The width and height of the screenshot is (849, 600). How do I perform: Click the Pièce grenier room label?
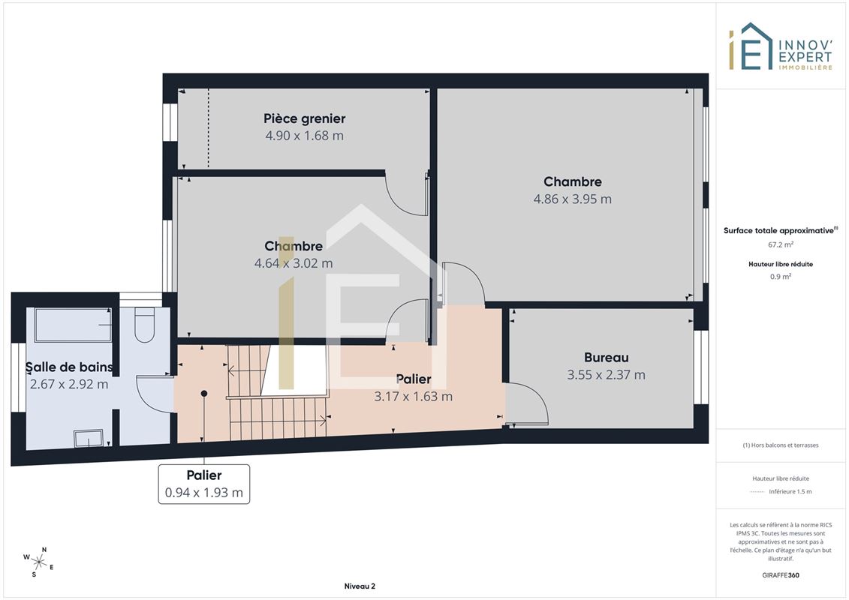pos(304,118)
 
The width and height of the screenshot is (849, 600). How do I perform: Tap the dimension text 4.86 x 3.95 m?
pos(572,199)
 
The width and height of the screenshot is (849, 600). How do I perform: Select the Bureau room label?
pos(606,358)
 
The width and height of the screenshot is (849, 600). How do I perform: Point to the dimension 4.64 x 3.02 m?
pos(294,263)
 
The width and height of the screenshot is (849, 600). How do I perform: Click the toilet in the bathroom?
pos(145,325)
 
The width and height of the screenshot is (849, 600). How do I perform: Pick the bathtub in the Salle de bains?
pos(73,325)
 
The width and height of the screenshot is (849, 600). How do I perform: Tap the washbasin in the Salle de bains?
pos(89,438)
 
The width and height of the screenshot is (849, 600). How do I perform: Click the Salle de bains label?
pos(69,367)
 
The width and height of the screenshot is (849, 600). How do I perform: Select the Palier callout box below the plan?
pos(204,484)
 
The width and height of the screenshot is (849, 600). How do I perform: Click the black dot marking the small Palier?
pos(204,393)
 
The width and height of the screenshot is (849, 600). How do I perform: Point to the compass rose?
pos(39,562)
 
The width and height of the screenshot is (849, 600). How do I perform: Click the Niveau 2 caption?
pos(360,586)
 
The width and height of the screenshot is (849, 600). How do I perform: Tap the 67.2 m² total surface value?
pos(780,244)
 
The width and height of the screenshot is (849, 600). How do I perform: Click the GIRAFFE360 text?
pos(780,575)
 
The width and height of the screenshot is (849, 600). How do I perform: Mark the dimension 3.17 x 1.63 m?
pos(413,397)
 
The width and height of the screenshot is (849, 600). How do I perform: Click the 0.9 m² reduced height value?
pos(780,277)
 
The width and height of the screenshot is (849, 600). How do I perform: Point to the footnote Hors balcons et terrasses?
pos(780,445)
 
